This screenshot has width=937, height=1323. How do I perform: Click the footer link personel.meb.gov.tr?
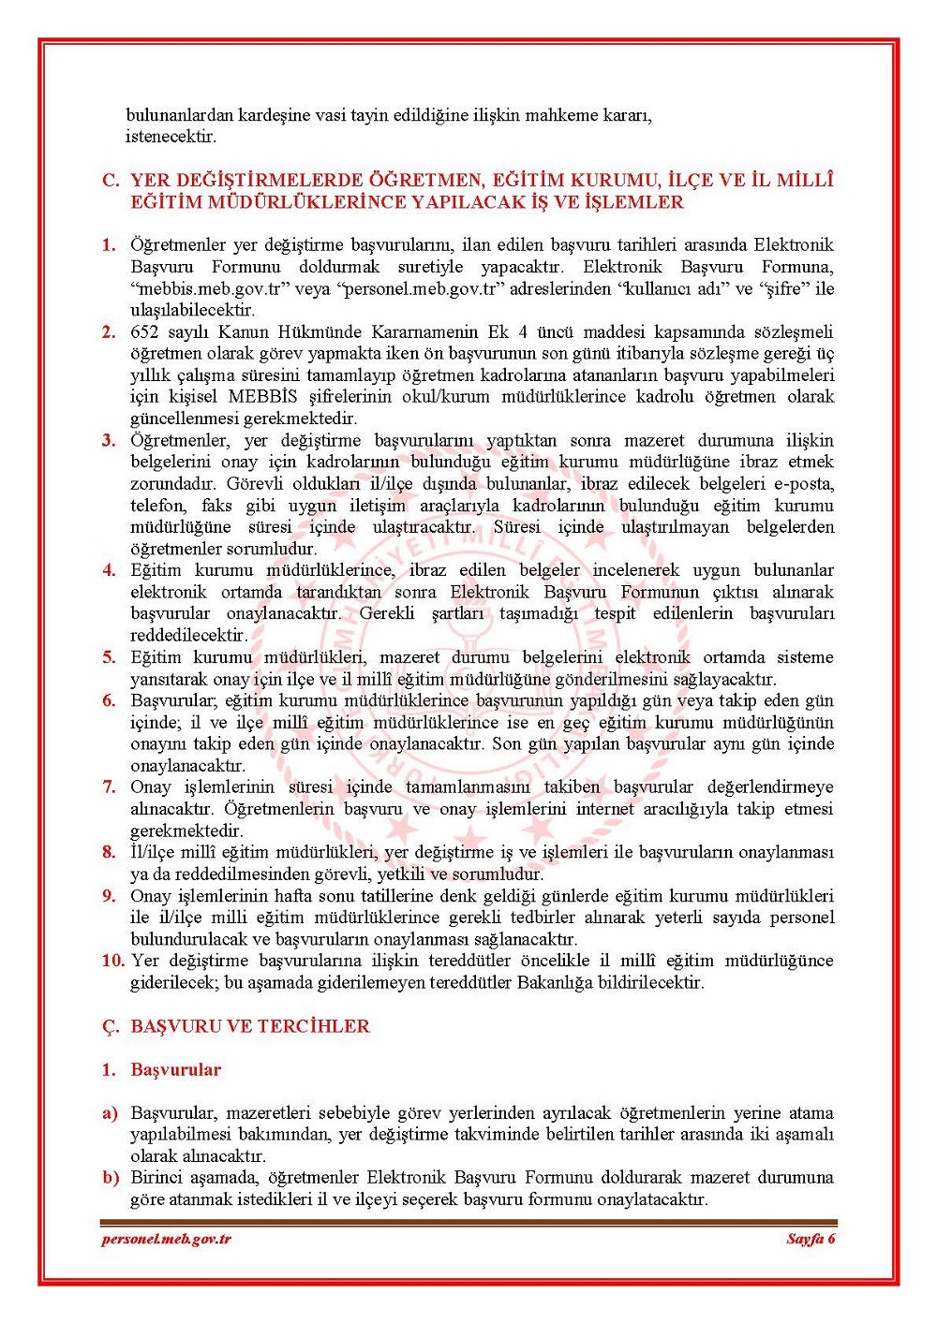tap(166, 1239)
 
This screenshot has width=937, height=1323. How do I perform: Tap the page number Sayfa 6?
tap(811, 1239)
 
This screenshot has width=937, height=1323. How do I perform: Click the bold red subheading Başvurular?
tap(176, 1069)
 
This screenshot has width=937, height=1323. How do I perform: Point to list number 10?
tap(112, 961)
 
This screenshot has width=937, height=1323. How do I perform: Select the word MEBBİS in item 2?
tap(263, 397)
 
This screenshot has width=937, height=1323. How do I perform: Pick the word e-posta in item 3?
tap(804, 484)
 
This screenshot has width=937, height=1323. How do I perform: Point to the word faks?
tap(217, 506)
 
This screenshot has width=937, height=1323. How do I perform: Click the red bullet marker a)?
tap(111, 1113)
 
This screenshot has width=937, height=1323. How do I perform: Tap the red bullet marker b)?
tap(111, 1177)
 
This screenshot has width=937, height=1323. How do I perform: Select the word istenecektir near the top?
tap(171, 137)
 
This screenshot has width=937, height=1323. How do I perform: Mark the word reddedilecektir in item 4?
tap(188, 636)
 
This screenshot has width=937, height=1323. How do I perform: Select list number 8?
tap(109, 853)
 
